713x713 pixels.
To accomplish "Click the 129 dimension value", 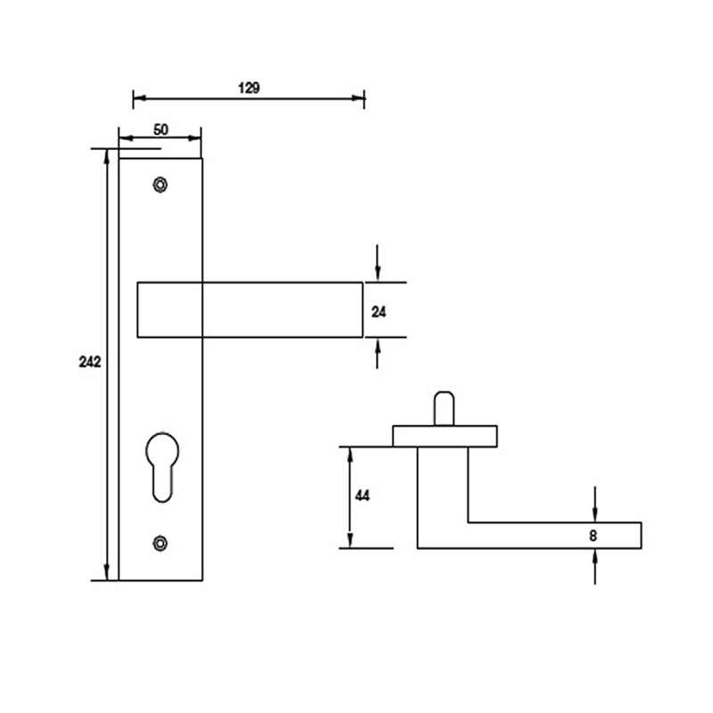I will (x=249, y=87).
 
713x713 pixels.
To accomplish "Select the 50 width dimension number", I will (x=160, y=129).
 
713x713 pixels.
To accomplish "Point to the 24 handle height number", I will (x=378, y=311).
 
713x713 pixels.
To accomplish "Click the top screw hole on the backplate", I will (x=160, y=184).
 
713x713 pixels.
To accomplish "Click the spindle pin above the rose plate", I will (x=442, y=409).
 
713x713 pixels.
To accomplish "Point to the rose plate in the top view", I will (x=445, y=436).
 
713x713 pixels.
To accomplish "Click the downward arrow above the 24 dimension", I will (x=379, y=271).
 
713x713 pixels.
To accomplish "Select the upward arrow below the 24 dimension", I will (x=379, y=349).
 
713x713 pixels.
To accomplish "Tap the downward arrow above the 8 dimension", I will (x=594, y=512).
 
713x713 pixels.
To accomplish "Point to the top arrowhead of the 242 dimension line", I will (x=108, y=156).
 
